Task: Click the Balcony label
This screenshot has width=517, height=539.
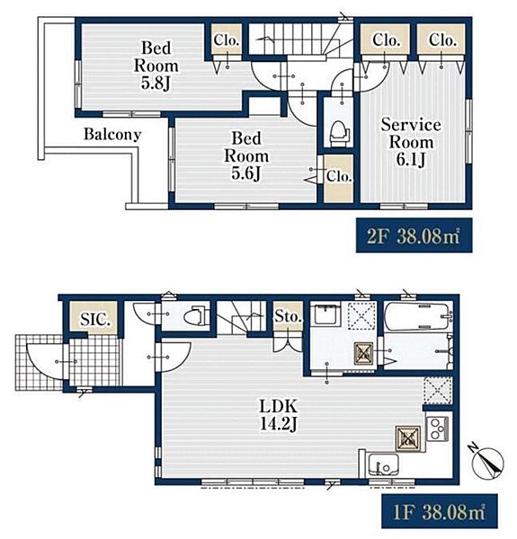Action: [112, 135]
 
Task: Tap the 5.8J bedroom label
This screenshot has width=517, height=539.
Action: [156, 66]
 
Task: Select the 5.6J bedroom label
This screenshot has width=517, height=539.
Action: [246, 156]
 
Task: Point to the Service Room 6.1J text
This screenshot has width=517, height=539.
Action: [411, 142]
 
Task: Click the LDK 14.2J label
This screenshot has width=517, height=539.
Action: [278, 415]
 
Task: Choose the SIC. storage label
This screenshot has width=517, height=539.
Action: [95, 320]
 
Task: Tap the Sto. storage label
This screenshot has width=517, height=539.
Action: [288, 316]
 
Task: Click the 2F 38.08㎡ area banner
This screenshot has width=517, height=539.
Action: [414, 235]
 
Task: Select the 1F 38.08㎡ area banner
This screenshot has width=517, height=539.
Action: [440, 511]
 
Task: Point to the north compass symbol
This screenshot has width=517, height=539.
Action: [487, 463]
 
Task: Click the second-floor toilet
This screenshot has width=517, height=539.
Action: [340, 133]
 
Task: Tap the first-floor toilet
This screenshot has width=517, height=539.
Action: [196, 316]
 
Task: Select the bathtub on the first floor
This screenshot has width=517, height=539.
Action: [417, 316]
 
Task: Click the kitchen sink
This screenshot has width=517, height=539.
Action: [383, 464]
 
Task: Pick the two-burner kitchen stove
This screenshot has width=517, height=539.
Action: [437, 429]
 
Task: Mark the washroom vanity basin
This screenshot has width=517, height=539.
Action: [326, 314]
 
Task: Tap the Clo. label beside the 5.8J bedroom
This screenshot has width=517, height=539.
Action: [227, 40]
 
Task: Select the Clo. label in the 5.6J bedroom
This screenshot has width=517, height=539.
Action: [339, 176]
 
